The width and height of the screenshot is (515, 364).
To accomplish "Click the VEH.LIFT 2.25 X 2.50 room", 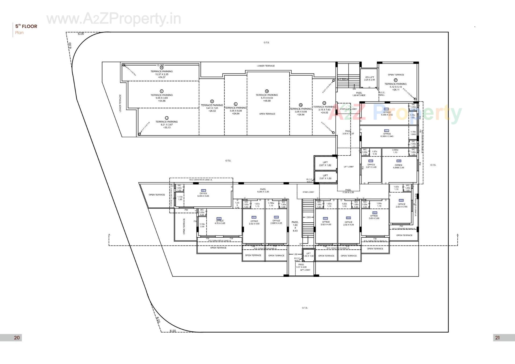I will tap(369, 78).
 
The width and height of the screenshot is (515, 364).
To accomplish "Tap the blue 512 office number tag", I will tap(386, 109).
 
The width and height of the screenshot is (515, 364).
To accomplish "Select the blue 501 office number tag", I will tap(203, 190).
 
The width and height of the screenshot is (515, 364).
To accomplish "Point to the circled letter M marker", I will tap(267, 91).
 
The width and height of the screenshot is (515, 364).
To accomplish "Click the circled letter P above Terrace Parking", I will tap(395, 80).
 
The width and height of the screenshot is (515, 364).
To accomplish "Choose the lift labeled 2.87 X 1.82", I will tap(325, 164).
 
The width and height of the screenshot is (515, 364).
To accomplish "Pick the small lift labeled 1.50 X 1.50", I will tap(308, 255).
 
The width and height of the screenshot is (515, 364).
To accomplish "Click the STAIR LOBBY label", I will tap(308, 192).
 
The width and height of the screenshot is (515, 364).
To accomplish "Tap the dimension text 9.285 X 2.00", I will tap(263, 192).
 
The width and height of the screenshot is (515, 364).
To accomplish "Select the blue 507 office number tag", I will tap(374, 213).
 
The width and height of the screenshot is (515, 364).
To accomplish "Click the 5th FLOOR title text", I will tap(26, 26).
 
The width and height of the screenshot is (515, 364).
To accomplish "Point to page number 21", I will tap(497, 338).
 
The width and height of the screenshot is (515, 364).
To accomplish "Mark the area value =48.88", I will tap(267, 101).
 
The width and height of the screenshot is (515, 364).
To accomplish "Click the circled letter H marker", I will tap(161, 68).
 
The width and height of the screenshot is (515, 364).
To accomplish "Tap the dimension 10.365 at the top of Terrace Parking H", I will tap(160, 65).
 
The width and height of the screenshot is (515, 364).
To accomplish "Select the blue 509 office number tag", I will tap(399, 161).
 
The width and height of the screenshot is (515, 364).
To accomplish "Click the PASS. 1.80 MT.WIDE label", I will tap(359, 94).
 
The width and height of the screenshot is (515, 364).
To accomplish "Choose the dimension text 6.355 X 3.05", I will tap(203, 196).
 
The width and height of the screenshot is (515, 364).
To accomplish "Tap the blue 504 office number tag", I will tap(276, 217).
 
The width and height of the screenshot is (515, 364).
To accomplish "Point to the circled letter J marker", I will tap(167, 118).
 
